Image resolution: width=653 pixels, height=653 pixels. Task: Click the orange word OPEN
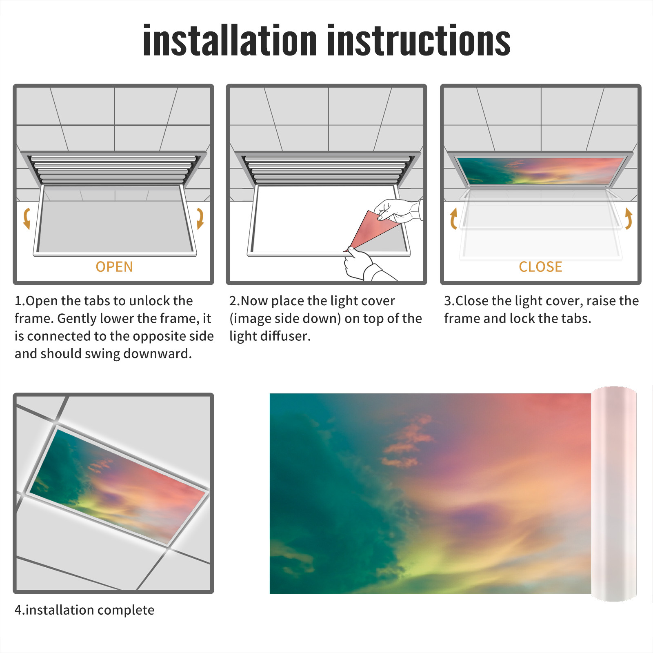[114, 267]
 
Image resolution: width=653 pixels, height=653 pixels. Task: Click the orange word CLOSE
[540, 267]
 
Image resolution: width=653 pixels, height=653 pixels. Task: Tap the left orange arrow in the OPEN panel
[27, 218]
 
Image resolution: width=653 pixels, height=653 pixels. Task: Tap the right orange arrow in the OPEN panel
[200, 218]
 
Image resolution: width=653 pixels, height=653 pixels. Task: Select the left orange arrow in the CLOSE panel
[453, 218]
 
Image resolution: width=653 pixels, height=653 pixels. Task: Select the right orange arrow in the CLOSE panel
[629, 218]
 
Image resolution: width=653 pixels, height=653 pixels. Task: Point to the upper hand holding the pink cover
[398, 210]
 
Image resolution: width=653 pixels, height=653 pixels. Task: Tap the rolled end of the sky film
[614, 494]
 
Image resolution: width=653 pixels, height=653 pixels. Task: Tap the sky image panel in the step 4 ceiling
[118, 486]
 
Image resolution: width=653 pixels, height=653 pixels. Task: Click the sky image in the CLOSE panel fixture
[541, 171]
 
